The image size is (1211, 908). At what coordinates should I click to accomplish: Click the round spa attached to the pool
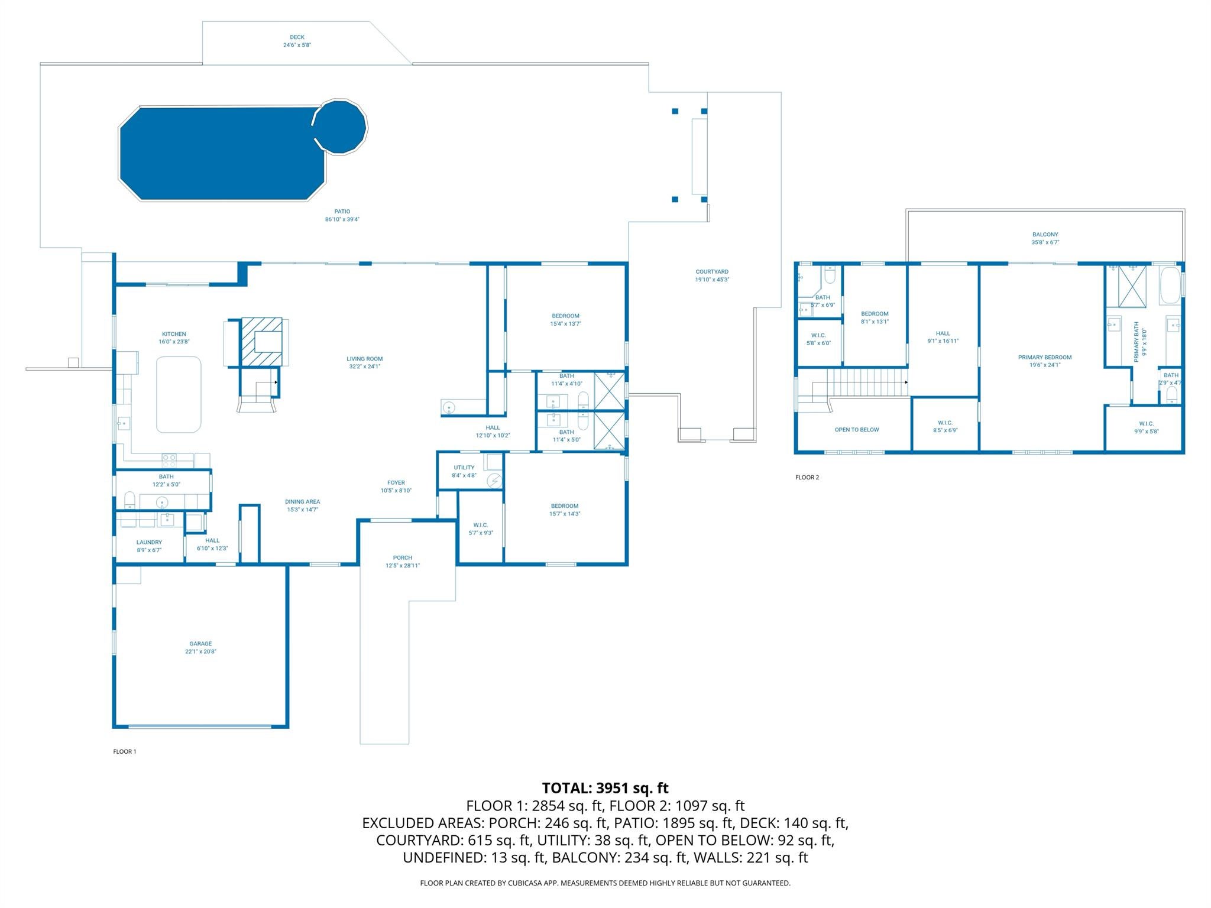[340, 127]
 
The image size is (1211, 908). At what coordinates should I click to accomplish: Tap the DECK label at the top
[297, 37]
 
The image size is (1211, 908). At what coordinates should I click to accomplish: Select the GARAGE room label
[200, 644]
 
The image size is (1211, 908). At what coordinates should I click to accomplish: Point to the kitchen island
[179, 394]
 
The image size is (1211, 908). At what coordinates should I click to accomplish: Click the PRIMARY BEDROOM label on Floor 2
[1045, 357]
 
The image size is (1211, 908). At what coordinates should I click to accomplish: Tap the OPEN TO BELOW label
[857, 430]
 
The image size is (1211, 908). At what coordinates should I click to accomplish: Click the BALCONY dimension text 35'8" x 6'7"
[1045, 242]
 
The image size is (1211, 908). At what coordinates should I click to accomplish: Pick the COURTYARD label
[712, 272]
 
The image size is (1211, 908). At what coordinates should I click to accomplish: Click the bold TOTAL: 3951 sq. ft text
[605, 788]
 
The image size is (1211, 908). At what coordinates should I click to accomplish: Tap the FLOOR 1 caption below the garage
[125, 751]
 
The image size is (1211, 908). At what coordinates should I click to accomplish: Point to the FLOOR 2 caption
[807, 477]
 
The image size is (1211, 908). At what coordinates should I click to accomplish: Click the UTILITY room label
[464, 468]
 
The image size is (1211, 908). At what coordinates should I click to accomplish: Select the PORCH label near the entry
[403, 557]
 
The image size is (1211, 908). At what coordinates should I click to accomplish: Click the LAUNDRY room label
[149, 542]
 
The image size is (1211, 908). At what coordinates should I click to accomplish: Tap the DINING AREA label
[303, 502]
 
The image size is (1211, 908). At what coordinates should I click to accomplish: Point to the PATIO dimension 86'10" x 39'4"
[342, 219]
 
